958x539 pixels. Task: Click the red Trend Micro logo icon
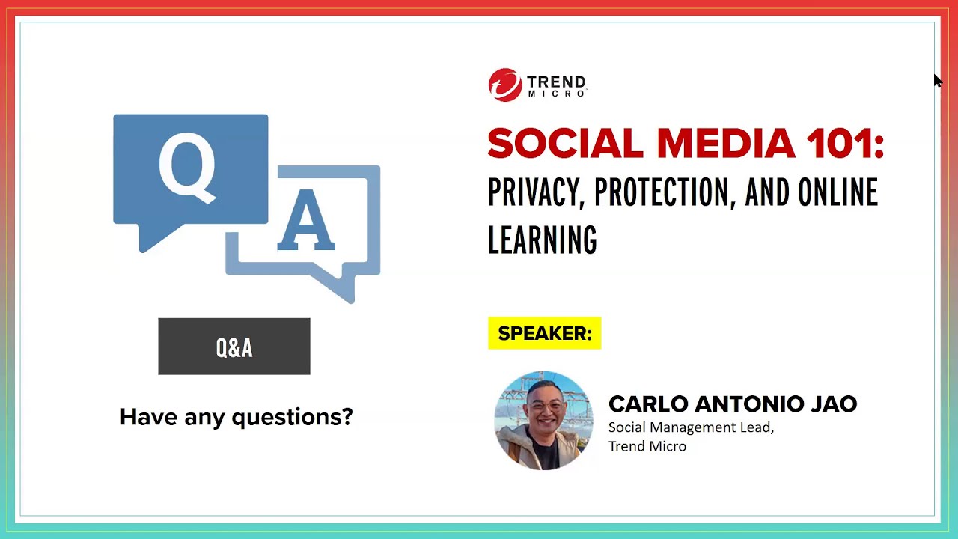coord(504,85)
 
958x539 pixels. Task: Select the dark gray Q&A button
coord(234,347)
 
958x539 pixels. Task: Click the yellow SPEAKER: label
coord(544,334)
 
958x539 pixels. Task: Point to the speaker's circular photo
coord(543,421)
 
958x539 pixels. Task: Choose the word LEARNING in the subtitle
coord(542,240)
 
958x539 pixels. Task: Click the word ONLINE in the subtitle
coord(838,193)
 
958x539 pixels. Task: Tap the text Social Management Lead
coord(690,427)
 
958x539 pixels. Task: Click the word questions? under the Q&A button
coord(292,417)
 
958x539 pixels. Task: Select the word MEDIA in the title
coord(725,143)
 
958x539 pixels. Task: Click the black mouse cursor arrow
coord(938,81)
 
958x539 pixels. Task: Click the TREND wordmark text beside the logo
coord(556,82)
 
